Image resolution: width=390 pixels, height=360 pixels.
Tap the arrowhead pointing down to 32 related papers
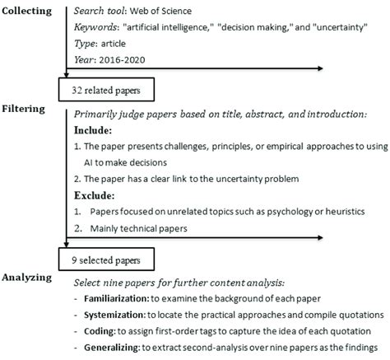click(67, 73)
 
